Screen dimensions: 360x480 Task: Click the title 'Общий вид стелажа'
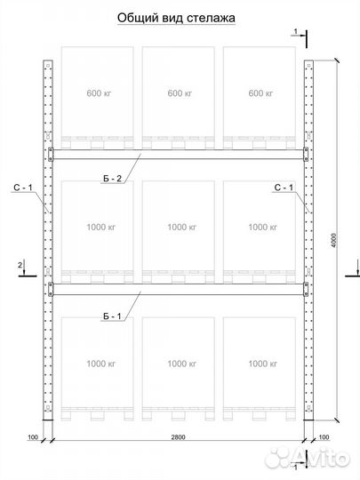click(176, 18)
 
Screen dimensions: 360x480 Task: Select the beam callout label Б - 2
click(112, 179)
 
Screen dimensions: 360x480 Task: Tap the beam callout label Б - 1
click(112, 316)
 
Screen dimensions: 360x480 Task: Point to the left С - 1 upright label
click(23, 188)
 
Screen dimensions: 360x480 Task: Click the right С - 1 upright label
click(284, 188)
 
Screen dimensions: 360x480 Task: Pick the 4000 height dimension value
click(333, 241)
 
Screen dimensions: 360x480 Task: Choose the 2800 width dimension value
click(178, 437)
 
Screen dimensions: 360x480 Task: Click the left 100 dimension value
click(33, 437)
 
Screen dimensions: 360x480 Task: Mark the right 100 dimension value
click(324, 437)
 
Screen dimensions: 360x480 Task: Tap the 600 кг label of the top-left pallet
click(99, 92)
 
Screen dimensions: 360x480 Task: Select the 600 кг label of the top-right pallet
click(260, 92)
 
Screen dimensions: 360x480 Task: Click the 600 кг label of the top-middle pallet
click(180, 92)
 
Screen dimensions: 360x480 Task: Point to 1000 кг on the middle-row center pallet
click(182, 228)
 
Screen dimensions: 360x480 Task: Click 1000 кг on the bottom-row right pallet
click(262, 364)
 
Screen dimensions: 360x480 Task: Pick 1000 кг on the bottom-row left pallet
click(101, 364)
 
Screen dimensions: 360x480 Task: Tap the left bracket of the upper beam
click(51, 154)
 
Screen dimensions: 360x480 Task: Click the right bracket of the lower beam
click(306, 289)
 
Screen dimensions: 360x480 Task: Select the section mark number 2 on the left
click(20, 265)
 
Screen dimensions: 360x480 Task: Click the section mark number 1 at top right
click(295, 31)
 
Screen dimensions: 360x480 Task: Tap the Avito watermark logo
click(307, 459)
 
